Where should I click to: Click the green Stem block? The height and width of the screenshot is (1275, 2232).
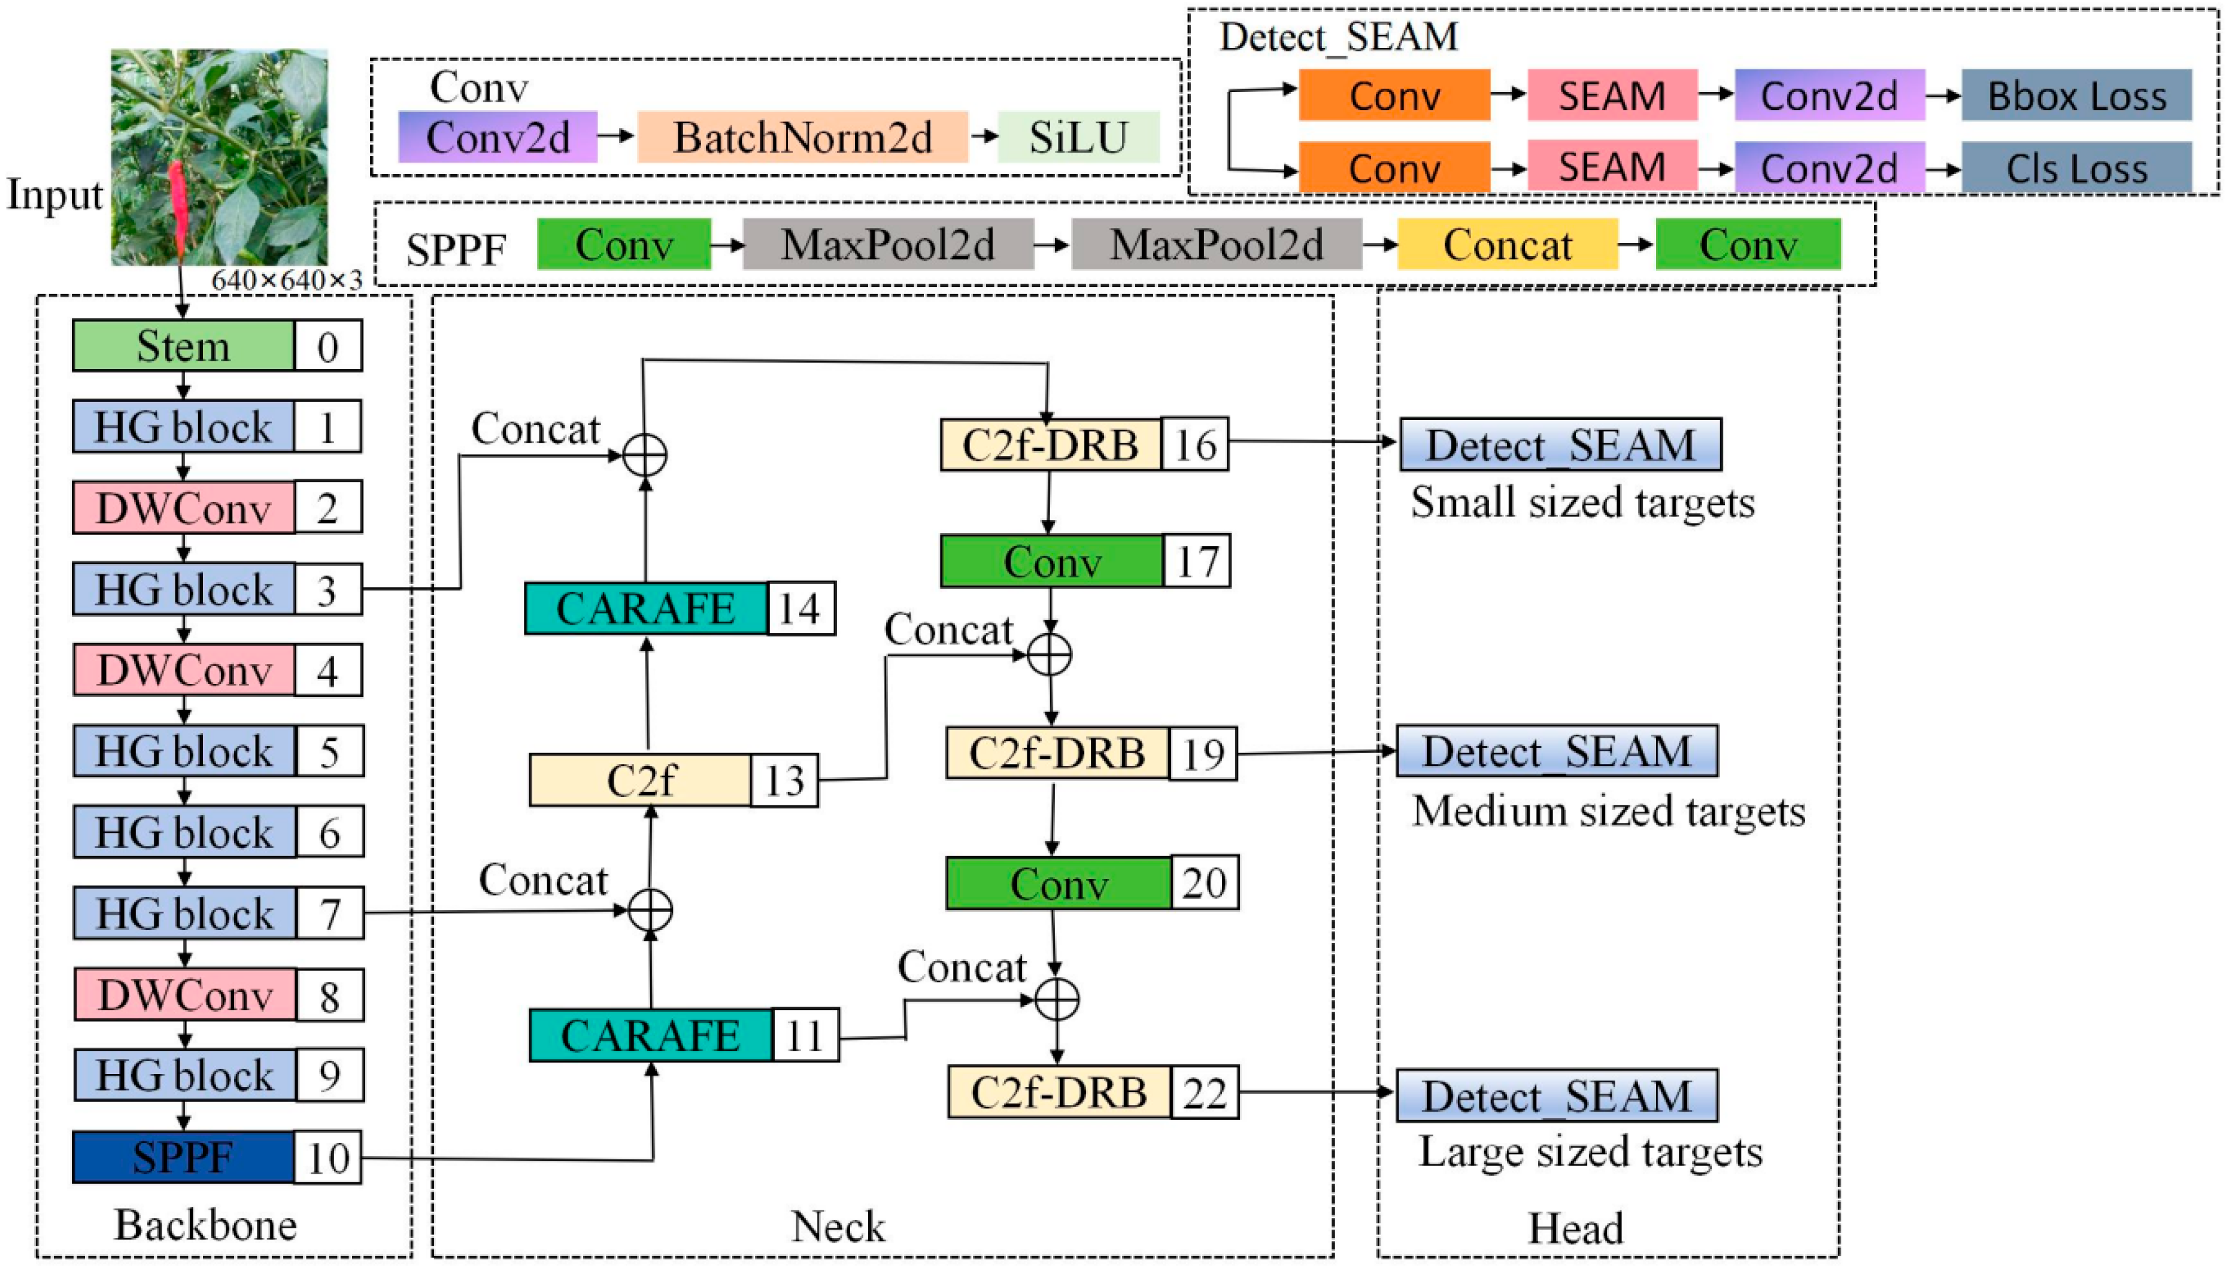tap(183, 346)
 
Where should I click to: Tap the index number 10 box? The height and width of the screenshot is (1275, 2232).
tap(327, 1158)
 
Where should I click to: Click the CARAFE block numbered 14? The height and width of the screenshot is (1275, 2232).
tap(645, 608)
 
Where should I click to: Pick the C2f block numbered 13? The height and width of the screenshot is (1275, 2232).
tap(641, 780)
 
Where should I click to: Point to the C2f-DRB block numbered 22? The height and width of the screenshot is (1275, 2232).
tap(1059, 1092)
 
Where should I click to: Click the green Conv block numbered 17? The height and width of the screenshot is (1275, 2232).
tap(1052, 561)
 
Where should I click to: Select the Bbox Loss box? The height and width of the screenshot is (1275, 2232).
tap(2076, 96)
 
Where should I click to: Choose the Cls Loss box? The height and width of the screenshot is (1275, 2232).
tap(2076, 168)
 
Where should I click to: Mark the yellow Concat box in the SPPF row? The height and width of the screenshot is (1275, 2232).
tap(1507, 244)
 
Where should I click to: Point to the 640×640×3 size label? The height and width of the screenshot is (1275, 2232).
tap(286, 280)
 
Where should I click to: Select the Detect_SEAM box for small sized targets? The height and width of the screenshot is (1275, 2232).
tap(1560, 445)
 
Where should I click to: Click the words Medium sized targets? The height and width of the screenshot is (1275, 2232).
tap(1608, 811)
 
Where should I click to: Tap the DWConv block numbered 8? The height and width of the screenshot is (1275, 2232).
tap(185, 995)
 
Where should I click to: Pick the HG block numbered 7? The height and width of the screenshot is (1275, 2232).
tap(185, 914)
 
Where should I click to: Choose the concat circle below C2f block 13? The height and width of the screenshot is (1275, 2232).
tap(650, 910)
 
